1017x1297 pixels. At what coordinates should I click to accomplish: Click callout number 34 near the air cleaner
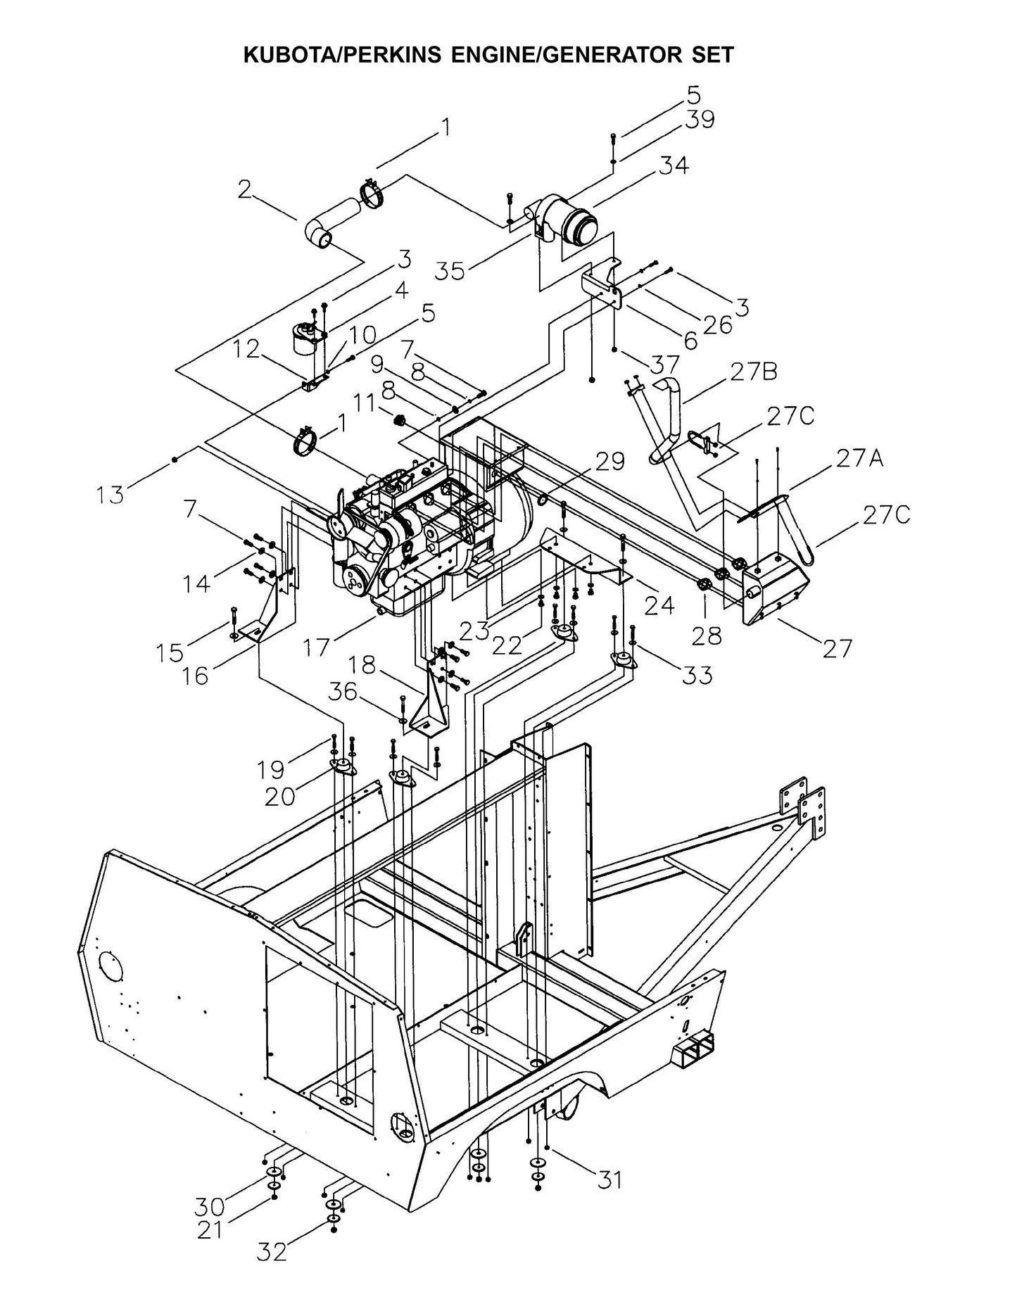674,165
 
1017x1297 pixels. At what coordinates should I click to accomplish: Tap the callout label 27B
753,372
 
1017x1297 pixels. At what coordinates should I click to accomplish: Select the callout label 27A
860,458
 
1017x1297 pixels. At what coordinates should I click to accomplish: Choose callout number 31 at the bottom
609,1179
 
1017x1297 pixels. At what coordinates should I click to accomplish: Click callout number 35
450,271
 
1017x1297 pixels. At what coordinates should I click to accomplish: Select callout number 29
609,462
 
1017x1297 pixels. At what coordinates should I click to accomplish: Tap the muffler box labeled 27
774,591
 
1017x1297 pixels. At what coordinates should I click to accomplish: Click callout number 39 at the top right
700,120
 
